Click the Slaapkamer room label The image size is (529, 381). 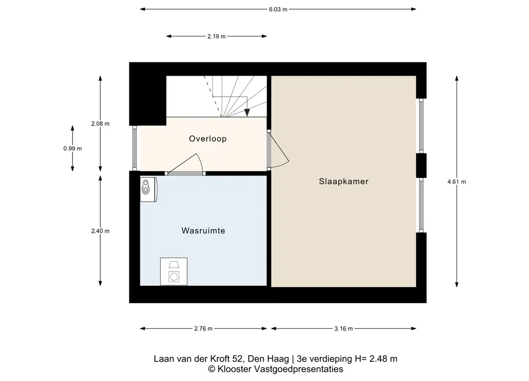click(343, 181)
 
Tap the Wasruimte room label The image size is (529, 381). click(203, 230)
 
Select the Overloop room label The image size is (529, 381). click(207, 139)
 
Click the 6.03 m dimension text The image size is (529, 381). click(278, 9)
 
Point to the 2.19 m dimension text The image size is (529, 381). click(216, 36)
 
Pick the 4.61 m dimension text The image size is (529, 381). click(456, 182)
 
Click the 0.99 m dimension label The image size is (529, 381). click(73, 148)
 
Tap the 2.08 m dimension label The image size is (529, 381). click(100, 124)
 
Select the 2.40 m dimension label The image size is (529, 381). click(100, 231)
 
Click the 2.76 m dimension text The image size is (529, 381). click(203, 328)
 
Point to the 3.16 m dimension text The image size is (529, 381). click(343, 328)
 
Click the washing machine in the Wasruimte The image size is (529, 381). click(174, 272)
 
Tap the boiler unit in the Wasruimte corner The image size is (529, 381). click(148, 189)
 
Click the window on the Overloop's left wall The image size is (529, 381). click(134, 148)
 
